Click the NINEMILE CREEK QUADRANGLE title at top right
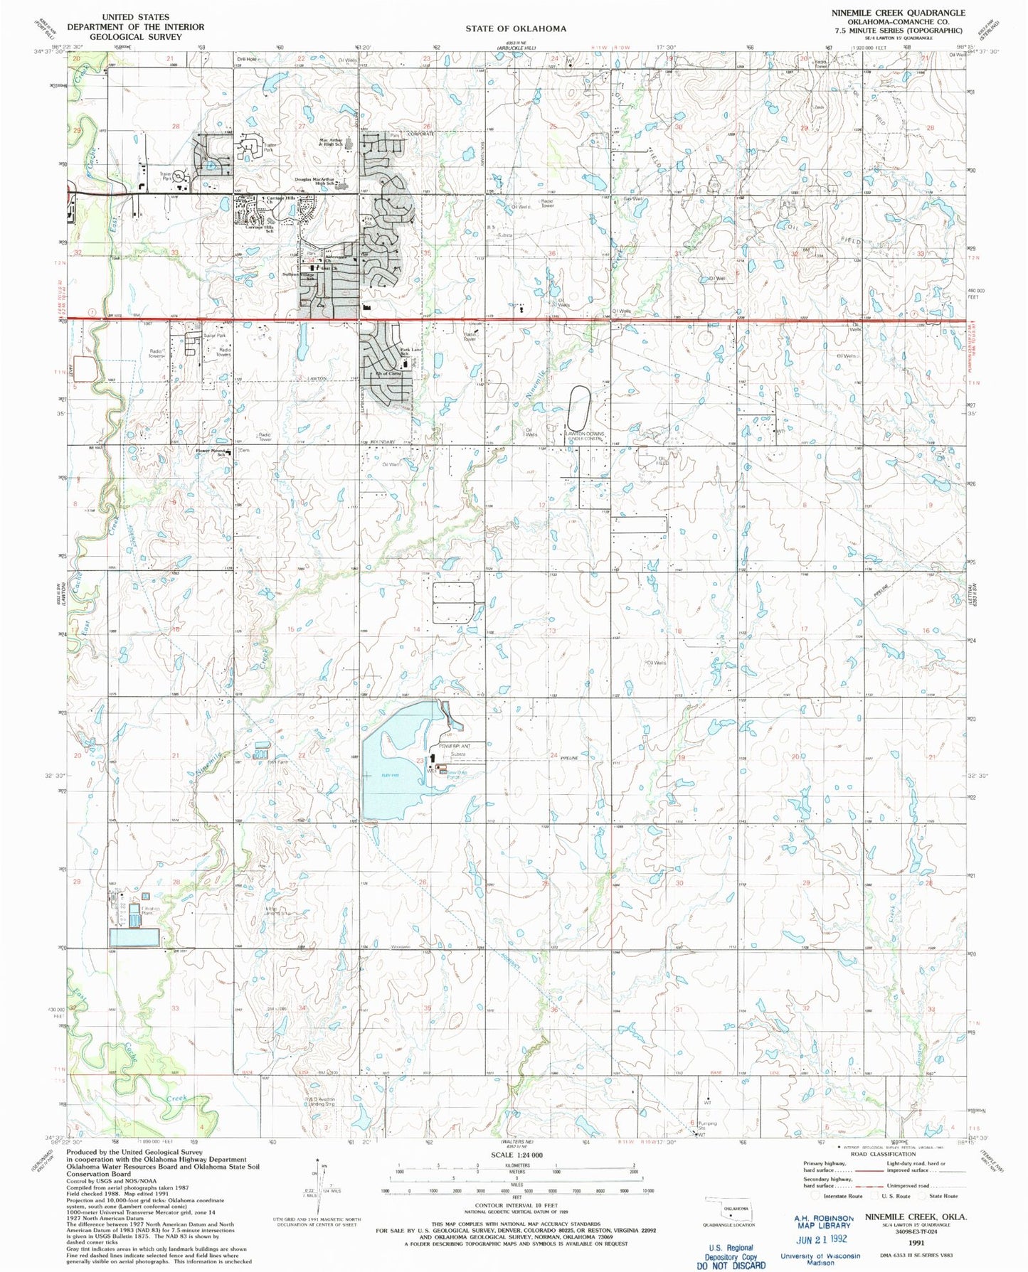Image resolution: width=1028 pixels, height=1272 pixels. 898,13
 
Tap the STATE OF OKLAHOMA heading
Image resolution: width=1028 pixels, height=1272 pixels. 516,28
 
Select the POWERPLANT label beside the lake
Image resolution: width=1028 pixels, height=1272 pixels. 455,745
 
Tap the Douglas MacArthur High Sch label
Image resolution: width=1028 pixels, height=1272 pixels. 314,181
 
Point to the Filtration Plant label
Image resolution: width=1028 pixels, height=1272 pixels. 139,912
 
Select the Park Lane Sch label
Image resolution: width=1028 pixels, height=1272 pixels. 411,351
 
